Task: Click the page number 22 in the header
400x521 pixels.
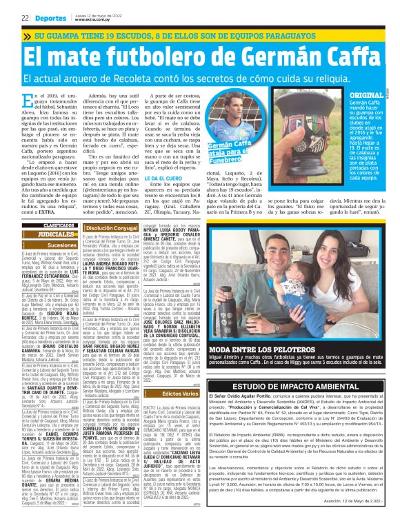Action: [24, 18]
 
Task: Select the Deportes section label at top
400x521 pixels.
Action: [50, 18]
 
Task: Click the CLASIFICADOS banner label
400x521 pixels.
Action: [40, 225]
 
